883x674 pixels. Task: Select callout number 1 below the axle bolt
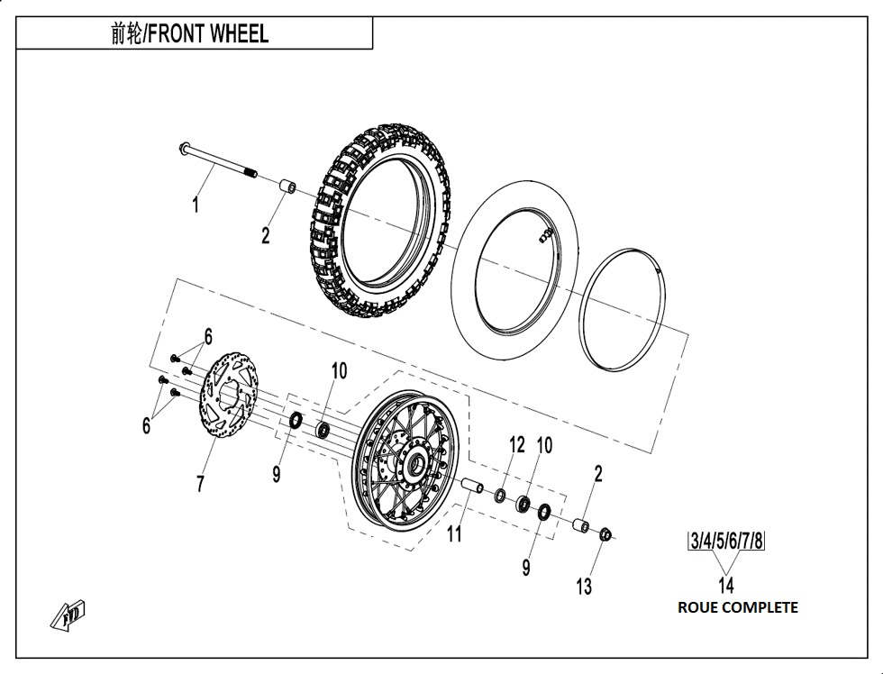coord(196,205)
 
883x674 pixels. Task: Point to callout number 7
coord(200,484)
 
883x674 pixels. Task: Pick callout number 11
coord(454,534)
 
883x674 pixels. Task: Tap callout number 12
coord(515,444)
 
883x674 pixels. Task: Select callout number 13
coord(584,587)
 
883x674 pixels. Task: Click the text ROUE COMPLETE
coord(737,607)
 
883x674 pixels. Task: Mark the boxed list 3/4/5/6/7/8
coord(726,542)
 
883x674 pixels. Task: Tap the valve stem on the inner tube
coord(544,236)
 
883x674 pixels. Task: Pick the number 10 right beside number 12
coord(543,445)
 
